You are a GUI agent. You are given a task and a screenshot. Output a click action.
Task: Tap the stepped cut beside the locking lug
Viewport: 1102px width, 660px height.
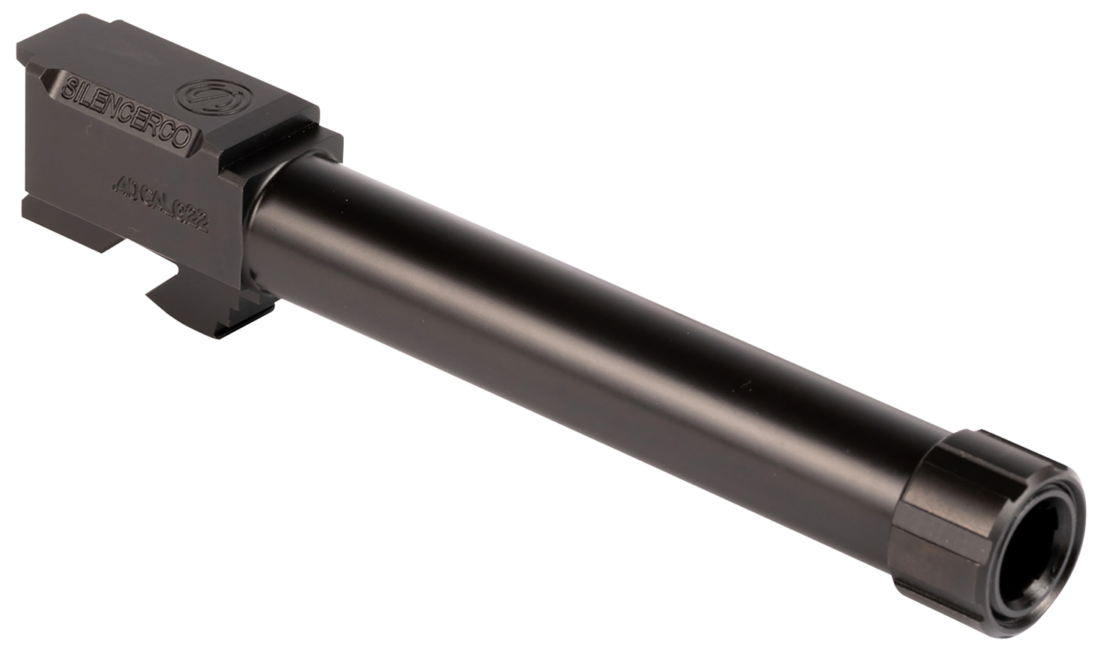253,309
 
